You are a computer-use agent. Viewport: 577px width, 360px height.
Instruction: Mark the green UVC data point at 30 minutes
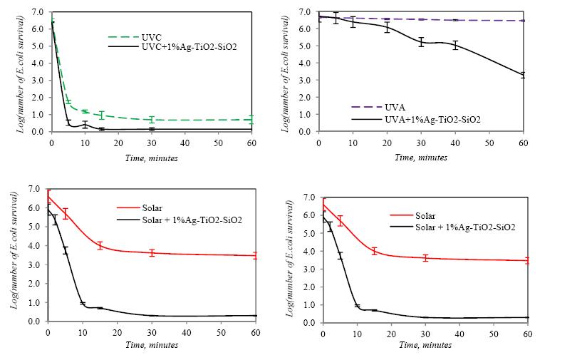(x=152, y=120)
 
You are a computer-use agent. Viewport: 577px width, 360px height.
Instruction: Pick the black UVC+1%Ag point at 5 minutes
(x=68, y=123)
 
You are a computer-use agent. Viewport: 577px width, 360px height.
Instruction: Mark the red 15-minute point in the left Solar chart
(x=100, y=246)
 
